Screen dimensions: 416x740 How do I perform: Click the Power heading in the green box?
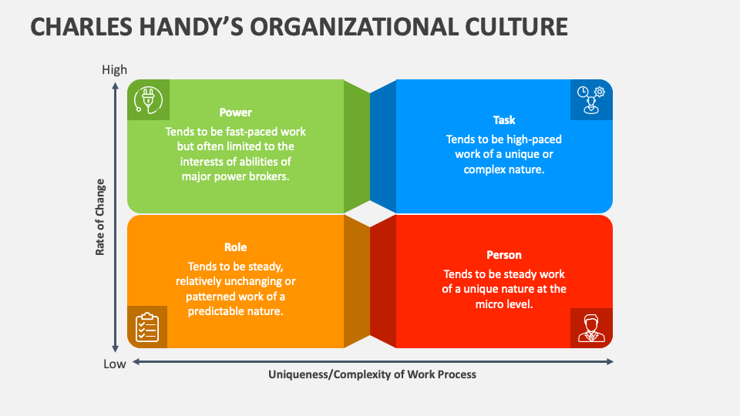click(235, 112)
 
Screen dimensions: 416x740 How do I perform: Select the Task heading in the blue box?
click(504, 120)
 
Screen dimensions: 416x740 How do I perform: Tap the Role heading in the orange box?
click(235, 247)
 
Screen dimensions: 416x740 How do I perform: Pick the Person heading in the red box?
click(504, 255)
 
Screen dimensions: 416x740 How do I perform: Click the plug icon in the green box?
click(148, 99)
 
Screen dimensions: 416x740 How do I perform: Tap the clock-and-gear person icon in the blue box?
click(591, 99)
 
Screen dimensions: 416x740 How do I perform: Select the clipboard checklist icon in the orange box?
click(147, 327)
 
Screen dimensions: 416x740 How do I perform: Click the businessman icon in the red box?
click(591, 327)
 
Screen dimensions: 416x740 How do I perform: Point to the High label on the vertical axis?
click(115, 69)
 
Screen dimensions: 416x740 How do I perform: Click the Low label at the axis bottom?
click(115, 364)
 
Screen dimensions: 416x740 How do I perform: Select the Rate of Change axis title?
click(100, 217)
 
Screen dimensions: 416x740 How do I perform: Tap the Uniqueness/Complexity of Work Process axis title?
click(372, 374)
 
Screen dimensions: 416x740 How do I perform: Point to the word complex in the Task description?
click(482, 169)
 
